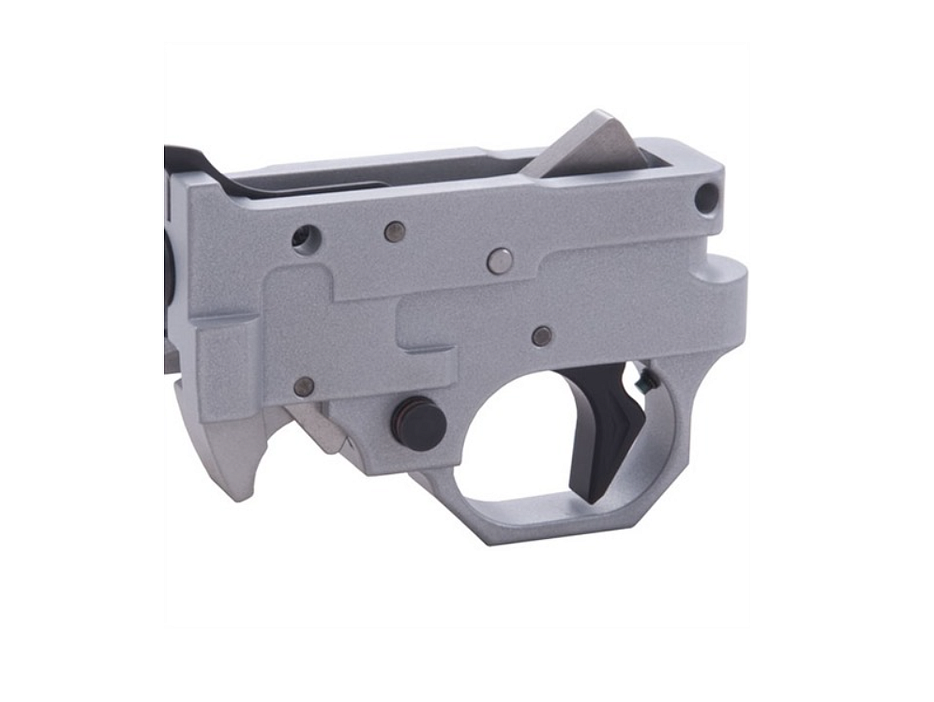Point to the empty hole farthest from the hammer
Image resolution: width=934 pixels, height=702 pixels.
[x=305, y=237]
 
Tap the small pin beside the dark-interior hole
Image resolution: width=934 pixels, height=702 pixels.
[x=394, y=231]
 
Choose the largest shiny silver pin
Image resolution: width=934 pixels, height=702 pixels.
[x=499, y=260]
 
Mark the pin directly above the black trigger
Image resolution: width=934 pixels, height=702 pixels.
[x=541, y=335]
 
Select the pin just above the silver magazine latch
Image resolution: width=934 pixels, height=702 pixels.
[x=304, y=386]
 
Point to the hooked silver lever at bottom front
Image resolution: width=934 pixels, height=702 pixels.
[x=225, y=459]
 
